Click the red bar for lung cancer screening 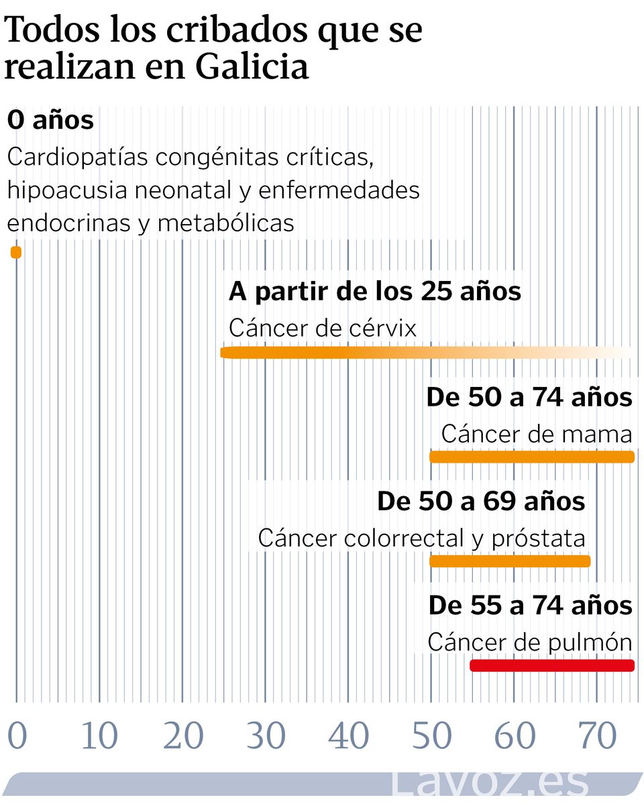click(552, 666)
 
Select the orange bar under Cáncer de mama click(531, 457)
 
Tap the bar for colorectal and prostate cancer click(510, 561)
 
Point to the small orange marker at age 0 click(16, 253)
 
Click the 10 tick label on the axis click(99, 736)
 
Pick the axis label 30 click(266, 736)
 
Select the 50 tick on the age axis click(431, 736)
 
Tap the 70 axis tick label click(597, 736)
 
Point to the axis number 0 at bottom click(17, 736)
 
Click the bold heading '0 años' click(50, 121)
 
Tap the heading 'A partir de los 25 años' click(375, 292)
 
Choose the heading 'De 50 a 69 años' click(481, 502)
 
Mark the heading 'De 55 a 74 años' click(530, 606)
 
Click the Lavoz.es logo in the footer click(490, 783)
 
